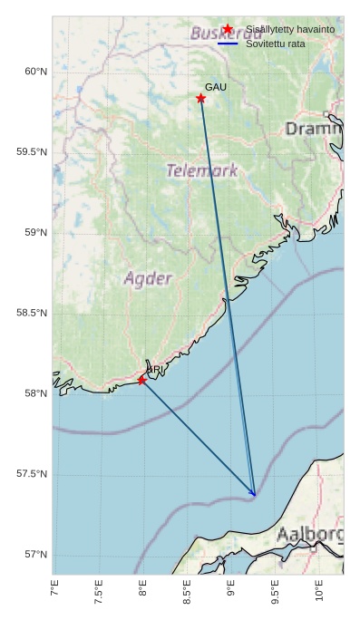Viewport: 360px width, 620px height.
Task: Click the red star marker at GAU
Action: (200, 98)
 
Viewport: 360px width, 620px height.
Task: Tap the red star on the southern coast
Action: (141, 380)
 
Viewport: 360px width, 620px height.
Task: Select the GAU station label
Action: (216, 87)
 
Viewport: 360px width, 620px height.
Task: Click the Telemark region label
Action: (202, 170)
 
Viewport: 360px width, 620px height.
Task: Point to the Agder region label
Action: (148, 278)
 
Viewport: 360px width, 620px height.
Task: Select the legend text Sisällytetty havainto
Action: (290, 30)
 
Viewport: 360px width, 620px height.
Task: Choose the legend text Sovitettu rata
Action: (276, 44)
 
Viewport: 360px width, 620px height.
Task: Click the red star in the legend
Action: (228, 29)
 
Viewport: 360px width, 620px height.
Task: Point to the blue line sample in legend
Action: (228, 44)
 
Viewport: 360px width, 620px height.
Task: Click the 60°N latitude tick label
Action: (34, 72)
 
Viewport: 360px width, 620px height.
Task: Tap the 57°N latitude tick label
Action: (34, 555)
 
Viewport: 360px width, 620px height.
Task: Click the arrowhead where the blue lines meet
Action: (256, 496)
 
